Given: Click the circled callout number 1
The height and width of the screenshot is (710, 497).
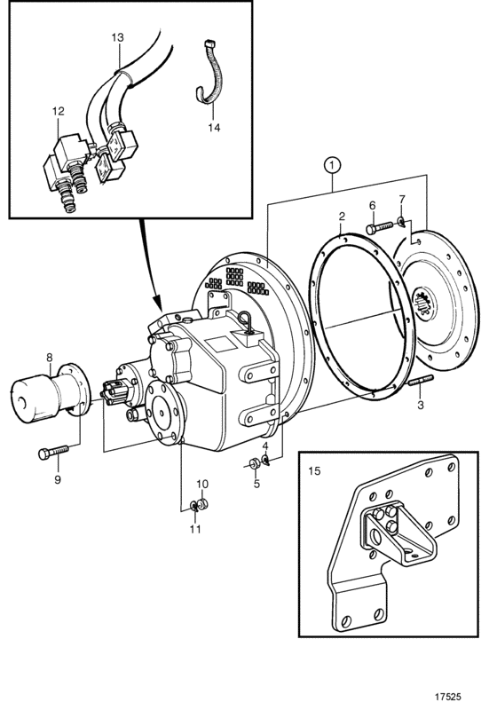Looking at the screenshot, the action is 333,165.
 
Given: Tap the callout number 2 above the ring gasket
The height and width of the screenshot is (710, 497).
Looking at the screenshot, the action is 342,217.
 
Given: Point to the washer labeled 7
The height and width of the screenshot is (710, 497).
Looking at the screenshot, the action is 401,221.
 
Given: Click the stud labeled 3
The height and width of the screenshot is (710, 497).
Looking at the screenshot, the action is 421,382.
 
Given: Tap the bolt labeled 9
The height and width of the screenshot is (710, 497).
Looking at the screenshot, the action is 53,452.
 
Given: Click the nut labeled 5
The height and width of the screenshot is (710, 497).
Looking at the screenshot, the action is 254,463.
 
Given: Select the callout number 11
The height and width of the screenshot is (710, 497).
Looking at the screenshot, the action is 195,528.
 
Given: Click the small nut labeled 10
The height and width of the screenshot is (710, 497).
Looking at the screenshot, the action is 202,503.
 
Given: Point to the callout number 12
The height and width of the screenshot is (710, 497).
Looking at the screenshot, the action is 59,112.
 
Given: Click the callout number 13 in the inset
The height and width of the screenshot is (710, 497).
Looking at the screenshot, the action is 117,37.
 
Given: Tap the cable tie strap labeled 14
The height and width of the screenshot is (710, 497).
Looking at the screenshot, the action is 209,75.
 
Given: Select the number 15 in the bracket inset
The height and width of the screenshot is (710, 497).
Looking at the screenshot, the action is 314,471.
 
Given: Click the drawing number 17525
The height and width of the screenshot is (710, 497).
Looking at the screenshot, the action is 447,697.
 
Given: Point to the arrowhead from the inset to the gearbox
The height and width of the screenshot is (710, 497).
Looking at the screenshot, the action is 157,302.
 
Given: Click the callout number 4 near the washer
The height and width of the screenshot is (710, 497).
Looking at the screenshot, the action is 265,446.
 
